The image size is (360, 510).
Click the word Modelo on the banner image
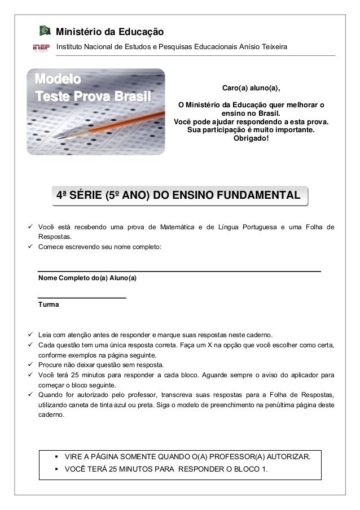[58, 77]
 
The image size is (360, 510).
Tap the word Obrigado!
[251, 139]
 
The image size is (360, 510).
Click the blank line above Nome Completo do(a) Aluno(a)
[179, 271]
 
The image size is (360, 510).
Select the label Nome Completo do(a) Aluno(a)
[87, 278]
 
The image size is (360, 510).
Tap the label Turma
[48, 304]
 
